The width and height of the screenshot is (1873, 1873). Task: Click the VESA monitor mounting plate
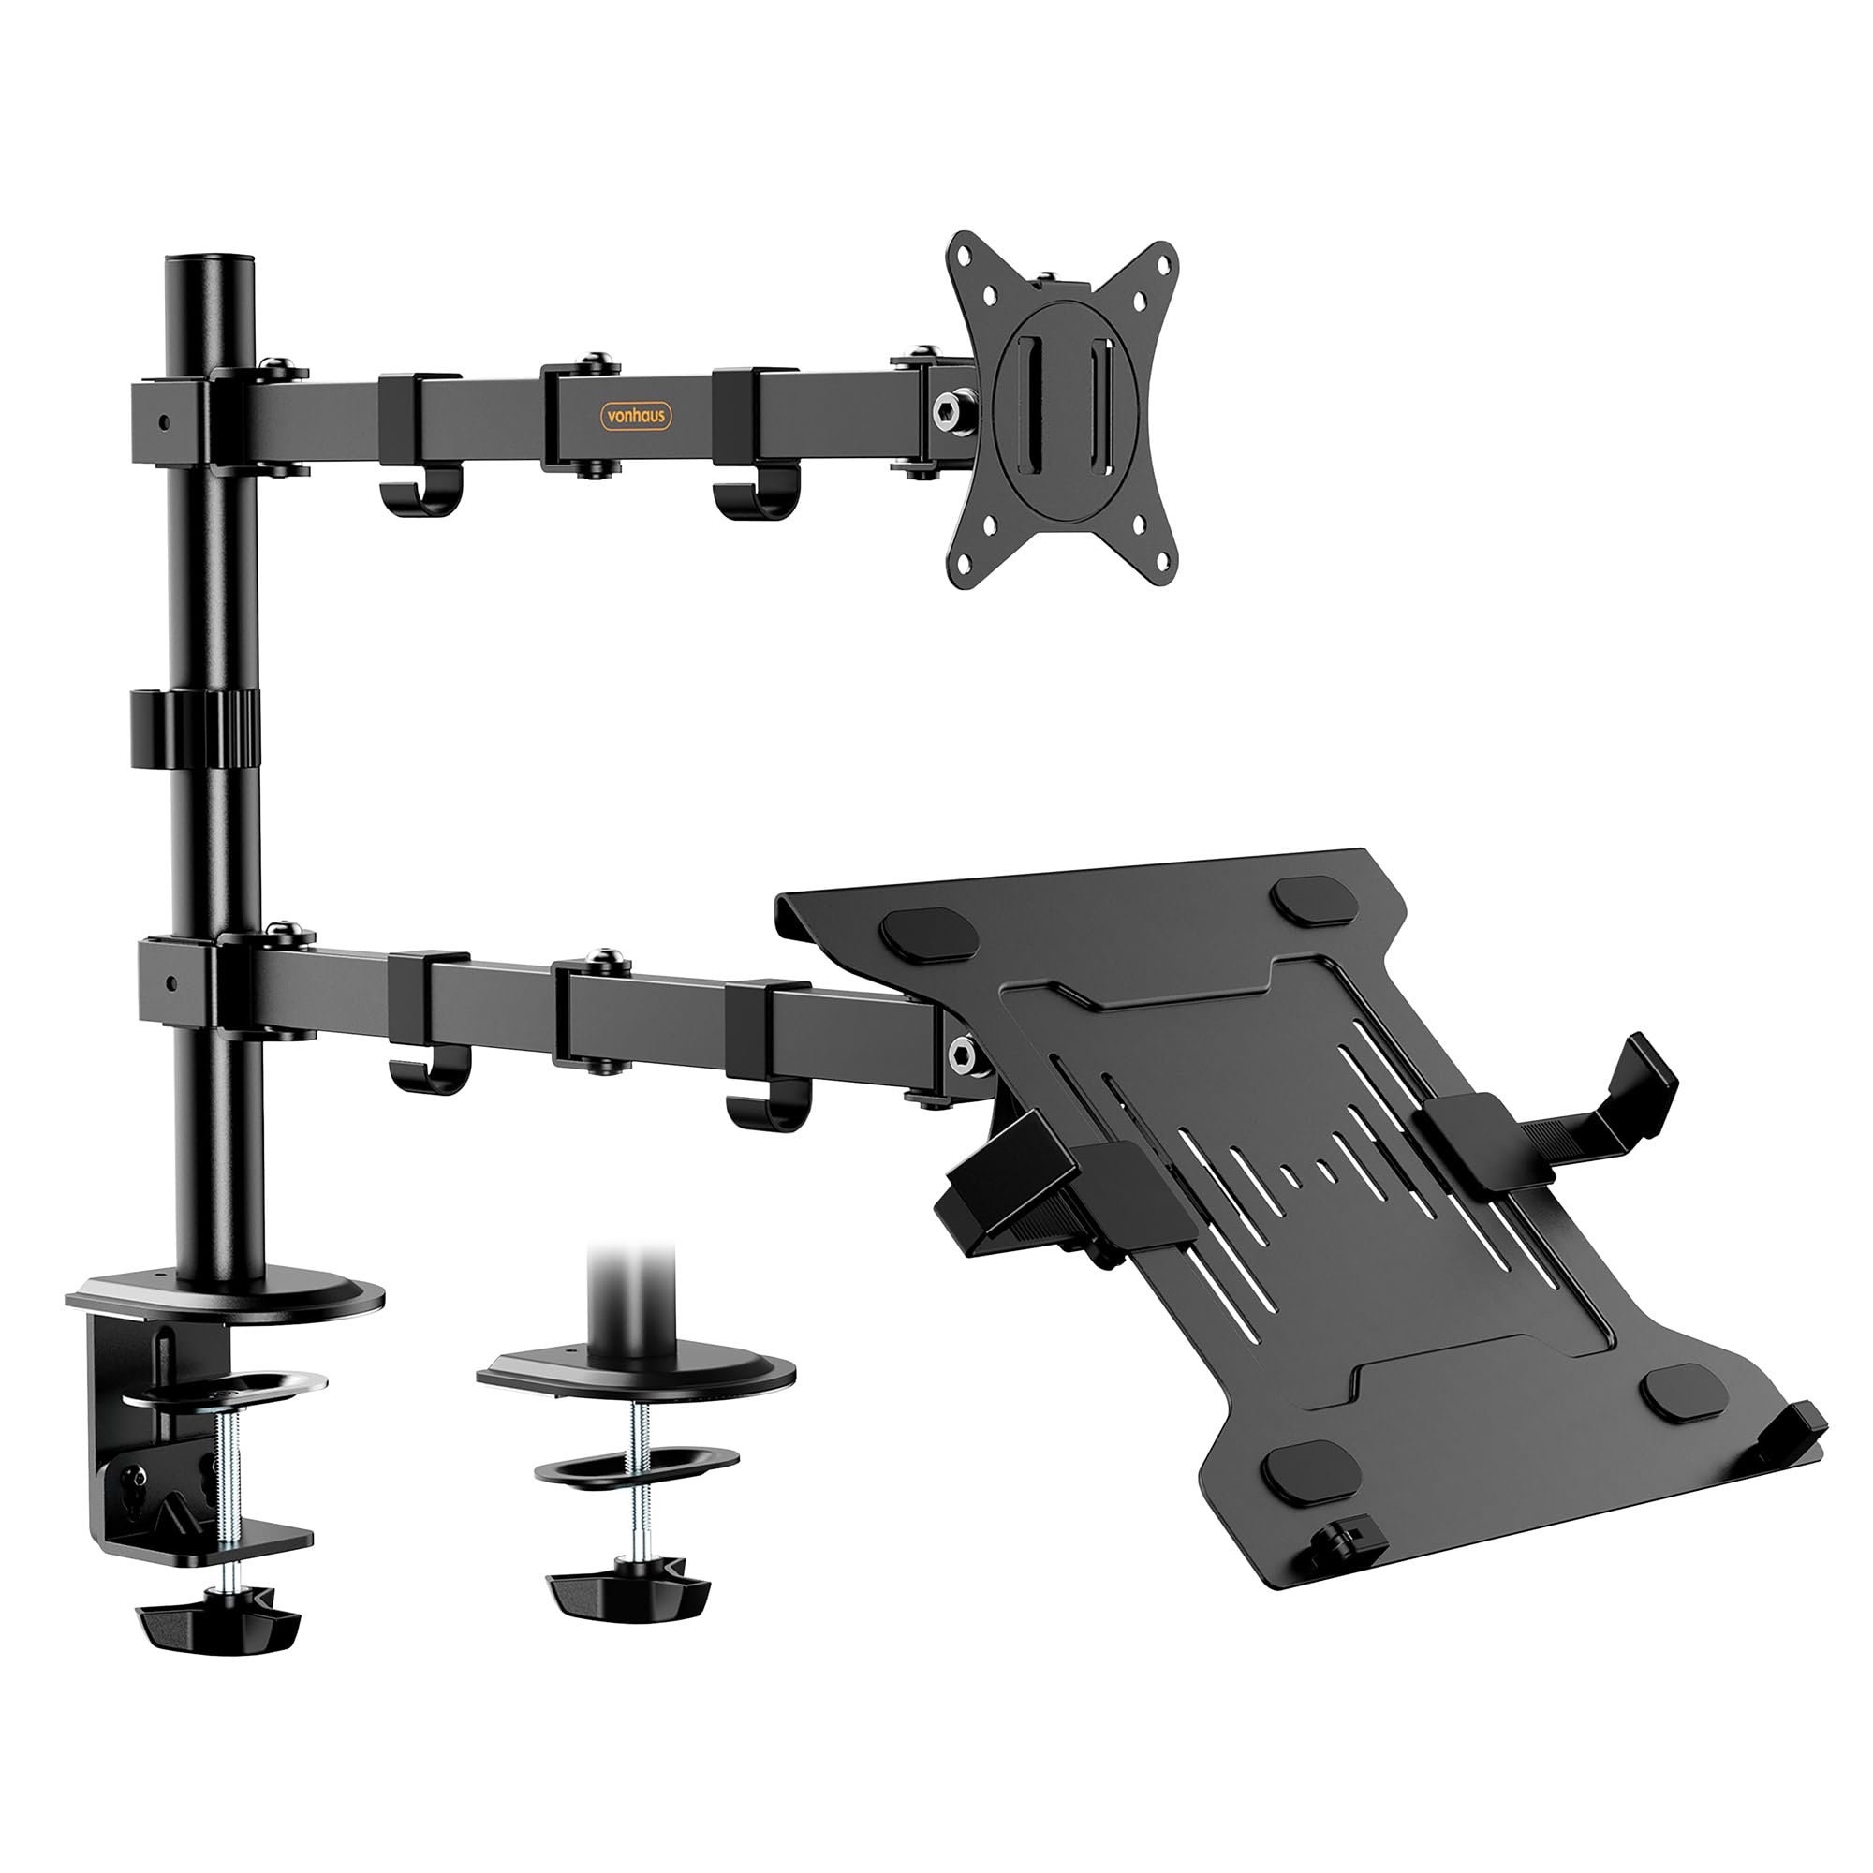(x=1065, y=410)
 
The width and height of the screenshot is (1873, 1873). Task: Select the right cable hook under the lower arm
(x=765, y=1109)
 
